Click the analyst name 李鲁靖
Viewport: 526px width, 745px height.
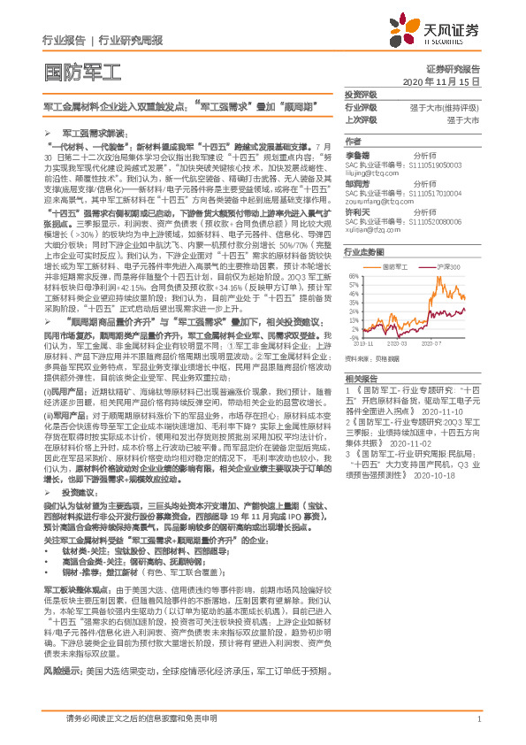click(356, 153)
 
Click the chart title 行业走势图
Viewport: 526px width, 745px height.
click(362, 252)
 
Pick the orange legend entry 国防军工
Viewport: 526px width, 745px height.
click(419, 265)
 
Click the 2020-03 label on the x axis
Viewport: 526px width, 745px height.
click(395, 342)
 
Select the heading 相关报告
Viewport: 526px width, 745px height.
click(361, 377)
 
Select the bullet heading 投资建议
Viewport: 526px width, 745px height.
click(79, 514)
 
